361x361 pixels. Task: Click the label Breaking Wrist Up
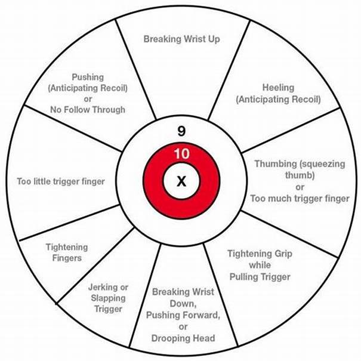pyautogui.click(x=182, y=39)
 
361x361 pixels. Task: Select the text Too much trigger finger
pyautogui.click(x=300, y=199)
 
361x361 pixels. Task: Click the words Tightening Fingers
pyautogui.click(x=66, y=252)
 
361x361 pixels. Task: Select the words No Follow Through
pyautogui.click(x=87, y=110)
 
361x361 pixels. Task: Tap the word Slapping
pyautogui.click(x=108, y=298)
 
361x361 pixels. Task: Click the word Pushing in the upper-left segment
pyautogui.click(x=87, y=76)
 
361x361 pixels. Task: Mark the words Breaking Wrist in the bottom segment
pyautogui.click(x=183, y=292)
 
